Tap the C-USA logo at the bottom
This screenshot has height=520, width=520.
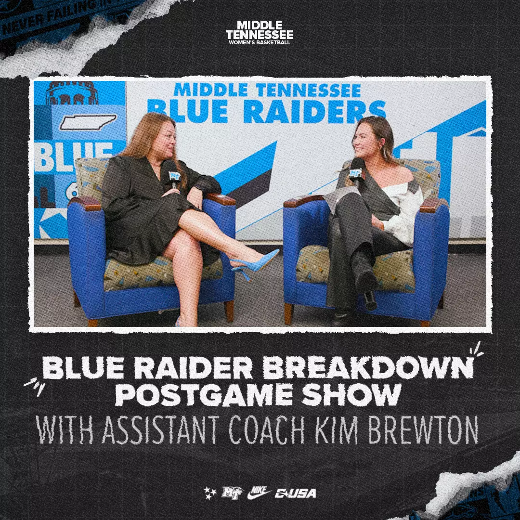point(295,493)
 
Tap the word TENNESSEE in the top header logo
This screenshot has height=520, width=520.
point(260,35)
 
